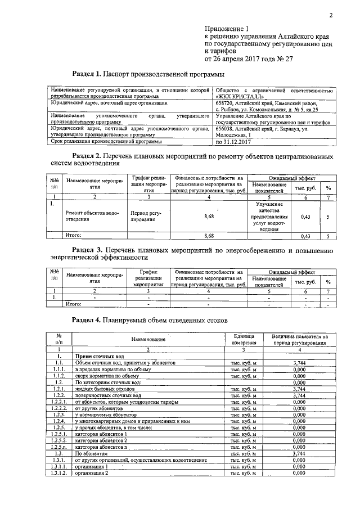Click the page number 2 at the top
point(331,15)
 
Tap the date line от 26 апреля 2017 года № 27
point(251,58)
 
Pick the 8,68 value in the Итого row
point(209,236)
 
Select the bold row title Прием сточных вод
point(99,357)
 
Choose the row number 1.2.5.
point(59,427)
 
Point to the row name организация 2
point(91,473)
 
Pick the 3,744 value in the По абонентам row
point(299,453)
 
